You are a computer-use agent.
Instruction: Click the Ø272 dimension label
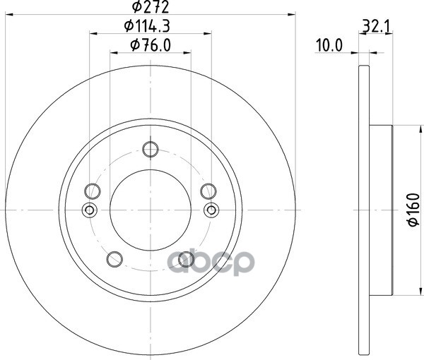[x=151, y=7]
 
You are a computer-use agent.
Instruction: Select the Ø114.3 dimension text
[x=147, y=26]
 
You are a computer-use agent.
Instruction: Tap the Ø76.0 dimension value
[x=151, y=45]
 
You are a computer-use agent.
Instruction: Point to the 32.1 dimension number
[x=376, y=26]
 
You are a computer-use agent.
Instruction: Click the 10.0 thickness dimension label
[x=329, y=45]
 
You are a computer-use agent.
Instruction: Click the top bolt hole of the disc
[x=151, y=149]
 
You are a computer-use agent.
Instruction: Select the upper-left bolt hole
[x=93, y=191]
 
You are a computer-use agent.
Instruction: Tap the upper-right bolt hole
[x=208, y=191]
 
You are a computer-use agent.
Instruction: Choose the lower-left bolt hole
[x=114, y=259]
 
